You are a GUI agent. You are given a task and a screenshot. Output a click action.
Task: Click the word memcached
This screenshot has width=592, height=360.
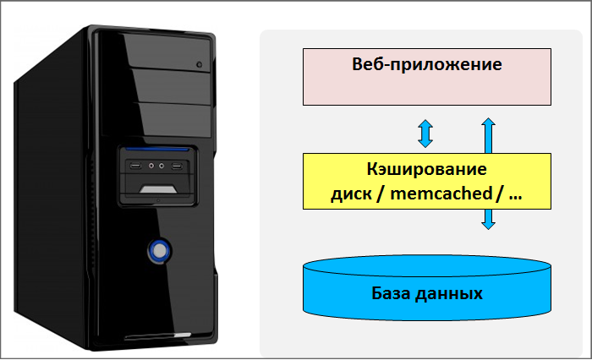click(x=449, y=194)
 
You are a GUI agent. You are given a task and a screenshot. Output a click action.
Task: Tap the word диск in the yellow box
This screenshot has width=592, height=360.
click(x=349, y=194)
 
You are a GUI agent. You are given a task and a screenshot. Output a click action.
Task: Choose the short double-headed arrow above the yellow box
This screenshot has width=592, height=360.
click(x=425, y=134)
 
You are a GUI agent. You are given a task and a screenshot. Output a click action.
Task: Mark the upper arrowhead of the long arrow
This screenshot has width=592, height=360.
click(x=488, y=123)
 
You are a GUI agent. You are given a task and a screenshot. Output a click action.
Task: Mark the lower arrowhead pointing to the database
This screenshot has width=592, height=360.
click(x=488, y=224)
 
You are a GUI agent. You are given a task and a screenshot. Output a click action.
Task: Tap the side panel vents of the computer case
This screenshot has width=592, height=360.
click(x=42, y=211)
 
